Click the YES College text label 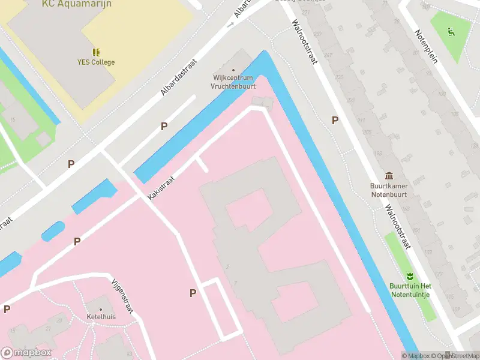[x=95, y=62]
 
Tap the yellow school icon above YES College [x=95, y=52]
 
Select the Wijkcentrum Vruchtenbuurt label [x=233, y=82]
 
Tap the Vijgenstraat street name [x=122, y=295]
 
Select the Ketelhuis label [x=101, y=316]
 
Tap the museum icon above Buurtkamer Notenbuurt [x=389, y=176]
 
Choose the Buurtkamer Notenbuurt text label [x=389, y=190]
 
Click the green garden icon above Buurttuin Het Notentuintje [x=410, y=276]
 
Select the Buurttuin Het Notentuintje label [x=410, y=290]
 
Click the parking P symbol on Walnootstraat [x=335, y=120]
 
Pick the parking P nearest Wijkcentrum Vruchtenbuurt [x=163, y=127]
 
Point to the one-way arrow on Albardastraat [x=230, y=25]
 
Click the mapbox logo [x=26, y=353]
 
